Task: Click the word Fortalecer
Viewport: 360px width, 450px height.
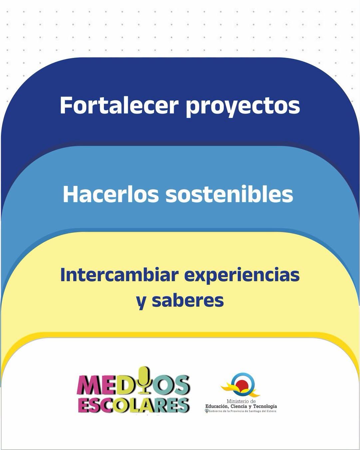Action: coord(119,105)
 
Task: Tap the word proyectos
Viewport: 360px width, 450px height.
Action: coord(243,107)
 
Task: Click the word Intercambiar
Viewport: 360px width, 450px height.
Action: coord(119,275)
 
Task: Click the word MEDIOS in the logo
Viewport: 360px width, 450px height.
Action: coord(133,384)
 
